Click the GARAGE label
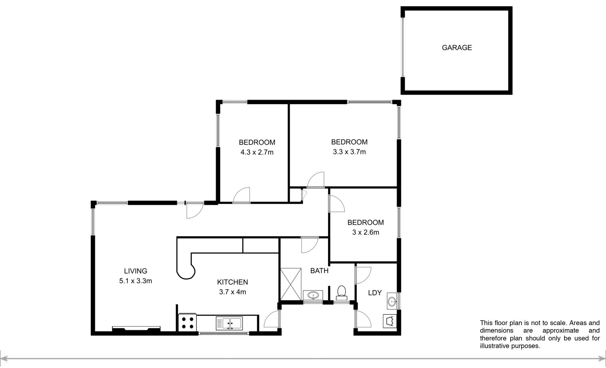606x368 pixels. [456, 48]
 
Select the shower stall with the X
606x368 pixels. [291, 284]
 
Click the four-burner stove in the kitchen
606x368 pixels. [187, 322]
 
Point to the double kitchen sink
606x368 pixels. [229, 323]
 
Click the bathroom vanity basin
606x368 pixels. [313, 295]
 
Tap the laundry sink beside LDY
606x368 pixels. [392, 301]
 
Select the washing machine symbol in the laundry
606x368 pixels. [390, 321]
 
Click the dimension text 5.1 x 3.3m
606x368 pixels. [135, 281]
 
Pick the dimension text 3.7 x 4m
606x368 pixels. [232, 292]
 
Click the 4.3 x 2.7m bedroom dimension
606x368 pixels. [257, 152]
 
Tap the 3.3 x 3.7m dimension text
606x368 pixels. [349, 152]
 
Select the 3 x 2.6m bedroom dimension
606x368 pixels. [365, 232]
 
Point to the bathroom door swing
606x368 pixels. [309, 244]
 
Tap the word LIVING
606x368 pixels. [135, 271]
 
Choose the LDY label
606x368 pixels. [375, 293]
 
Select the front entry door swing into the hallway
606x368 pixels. [194, 210]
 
